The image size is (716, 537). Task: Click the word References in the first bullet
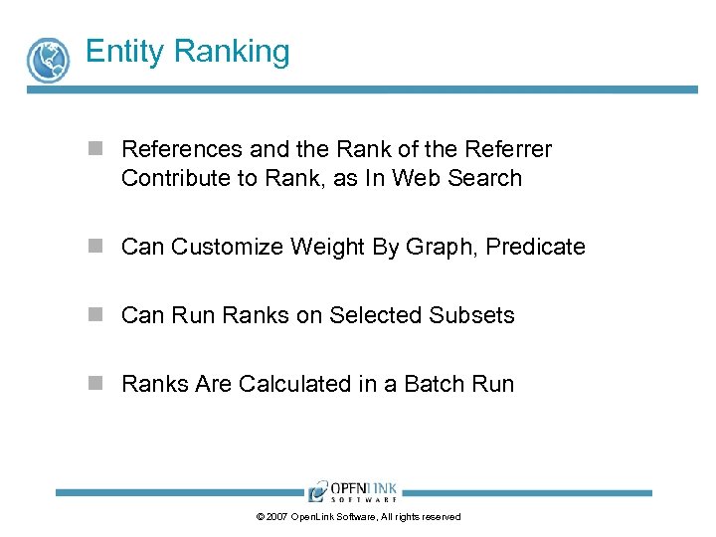[182, 149]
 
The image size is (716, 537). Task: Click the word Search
[485, 178]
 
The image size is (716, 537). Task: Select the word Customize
[228, 247]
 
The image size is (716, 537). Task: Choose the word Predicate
[537, 247]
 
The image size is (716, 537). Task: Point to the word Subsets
[472, 315]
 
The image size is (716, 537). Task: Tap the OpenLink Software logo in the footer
[353, 491]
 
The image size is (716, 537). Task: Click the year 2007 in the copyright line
[277, 517]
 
